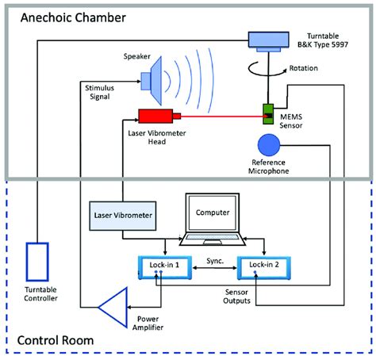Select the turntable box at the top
click(270, 39)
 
